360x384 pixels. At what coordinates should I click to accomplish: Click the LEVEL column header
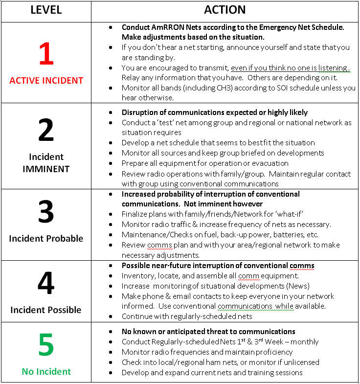[x=46, y=10]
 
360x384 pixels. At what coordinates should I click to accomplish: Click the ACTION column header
[x=225, y=10]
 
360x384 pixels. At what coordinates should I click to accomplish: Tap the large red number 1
[x=46, y=54]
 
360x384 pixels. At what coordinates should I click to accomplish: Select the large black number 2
[x=46, y=131]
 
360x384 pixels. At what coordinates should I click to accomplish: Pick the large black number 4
[x=46, y=284]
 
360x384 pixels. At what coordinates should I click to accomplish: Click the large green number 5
[x=46, y=345]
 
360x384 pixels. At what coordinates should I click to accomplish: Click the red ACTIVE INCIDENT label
[x=46, y=81]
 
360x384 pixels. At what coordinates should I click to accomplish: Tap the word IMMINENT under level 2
[x=46, y=169]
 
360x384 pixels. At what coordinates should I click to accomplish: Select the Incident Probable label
[x=46, y=238]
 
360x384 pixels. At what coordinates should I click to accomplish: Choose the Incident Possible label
[x=46, y=310]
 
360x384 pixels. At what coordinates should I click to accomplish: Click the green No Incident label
[x=46, y=371]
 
